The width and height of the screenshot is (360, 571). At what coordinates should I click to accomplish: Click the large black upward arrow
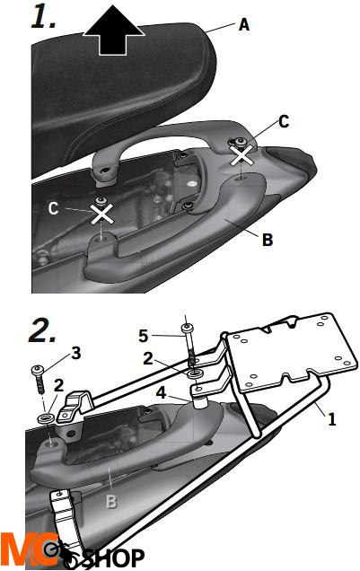114,31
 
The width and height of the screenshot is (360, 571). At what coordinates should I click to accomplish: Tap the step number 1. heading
44,17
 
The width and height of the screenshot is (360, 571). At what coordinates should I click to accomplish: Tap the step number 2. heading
43,330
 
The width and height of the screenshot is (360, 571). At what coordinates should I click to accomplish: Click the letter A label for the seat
244,24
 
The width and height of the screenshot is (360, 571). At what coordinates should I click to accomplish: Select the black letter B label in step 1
268,240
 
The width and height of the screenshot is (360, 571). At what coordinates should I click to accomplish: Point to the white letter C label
54,208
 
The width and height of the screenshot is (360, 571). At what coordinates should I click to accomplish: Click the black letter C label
284,121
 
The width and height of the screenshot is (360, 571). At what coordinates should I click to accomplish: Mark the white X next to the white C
101,214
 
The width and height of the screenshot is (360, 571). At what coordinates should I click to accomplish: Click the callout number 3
76,353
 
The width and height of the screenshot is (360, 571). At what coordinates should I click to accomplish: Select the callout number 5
144,336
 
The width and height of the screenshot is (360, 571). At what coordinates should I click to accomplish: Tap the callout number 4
162,393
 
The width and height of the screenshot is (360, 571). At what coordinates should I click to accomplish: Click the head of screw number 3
38,371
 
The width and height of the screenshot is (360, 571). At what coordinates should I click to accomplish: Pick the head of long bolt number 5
186,328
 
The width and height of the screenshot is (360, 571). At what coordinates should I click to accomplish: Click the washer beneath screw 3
46,417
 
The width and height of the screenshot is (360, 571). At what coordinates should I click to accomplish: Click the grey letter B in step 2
111,501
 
